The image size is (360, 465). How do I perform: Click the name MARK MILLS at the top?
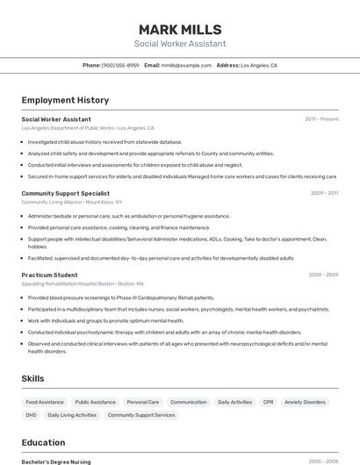180,29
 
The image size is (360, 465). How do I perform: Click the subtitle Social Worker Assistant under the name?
180,44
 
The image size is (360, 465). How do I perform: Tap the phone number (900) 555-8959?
120,65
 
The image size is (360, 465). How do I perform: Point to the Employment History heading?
65,100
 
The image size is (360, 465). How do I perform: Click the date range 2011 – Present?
321,119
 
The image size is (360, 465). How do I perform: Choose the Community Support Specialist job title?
65,193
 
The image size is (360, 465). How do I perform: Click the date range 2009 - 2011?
324,193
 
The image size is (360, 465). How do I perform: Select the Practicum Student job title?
49,275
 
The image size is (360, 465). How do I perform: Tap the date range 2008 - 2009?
323,275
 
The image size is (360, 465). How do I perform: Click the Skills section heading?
33,378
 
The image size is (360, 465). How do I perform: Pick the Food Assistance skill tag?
45,402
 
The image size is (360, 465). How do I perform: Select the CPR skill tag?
268,402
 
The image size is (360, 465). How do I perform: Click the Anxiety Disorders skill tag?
305,402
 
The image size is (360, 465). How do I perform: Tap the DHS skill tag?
31,415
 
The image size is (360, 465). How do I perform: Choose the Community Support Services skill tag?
140,415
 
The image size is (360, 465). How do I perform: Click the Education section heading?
43,442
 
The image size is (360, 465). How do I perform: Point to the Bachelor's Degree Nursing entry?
56,461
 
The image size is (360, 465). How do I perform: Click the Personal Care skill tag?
142,402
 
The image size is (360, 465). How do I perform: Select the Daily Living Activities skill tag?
72,415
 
